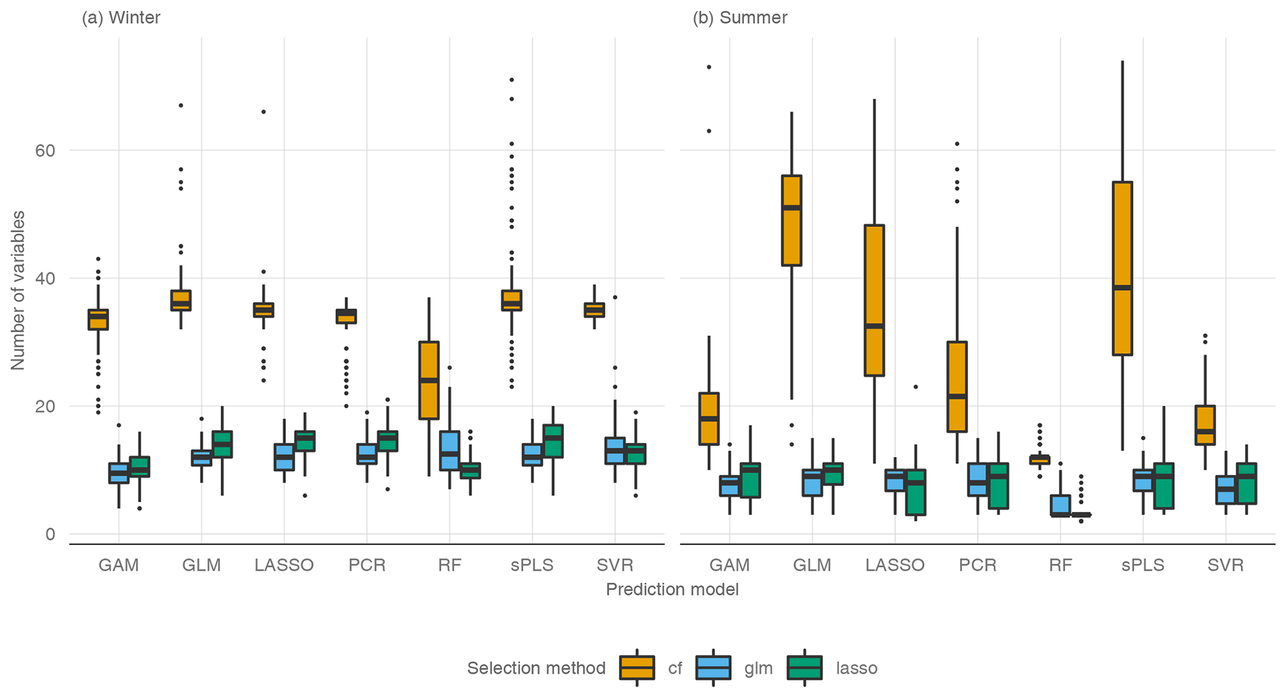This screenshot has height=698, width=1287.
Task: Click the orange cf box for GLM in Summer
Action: [791, 220]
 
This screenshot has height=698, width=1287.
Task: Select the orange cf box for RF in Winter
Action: [429, 380]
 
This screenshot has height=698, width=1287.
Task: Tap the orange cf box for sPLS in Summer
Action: [1122, 268]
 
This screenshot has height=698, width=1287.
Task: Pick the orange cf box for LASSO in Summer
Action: [874, 300]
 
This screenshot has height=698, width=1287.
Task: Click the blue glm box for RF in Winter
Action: [450, 450]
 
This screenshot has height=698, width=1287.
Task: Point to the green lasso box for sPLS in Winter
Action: [553, 441]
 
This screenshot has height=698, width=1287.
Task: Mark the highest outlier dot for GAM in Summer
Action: [709, 67]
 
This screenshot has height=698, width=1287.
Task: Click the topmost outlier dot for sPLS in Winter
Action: [512, 80]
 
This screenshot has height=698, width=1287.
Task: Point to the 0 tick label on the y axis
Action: [50, 534]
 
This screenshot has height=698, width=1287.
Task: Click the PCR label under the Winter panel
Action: [367, 565]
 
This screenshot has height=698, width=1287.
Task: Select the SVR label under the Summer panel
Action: [1225, 565]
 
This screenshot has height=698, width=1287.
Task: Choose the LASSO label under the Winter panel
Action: [284, 565]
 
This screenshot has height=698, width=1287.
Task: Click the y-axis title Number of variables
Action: [18, 290]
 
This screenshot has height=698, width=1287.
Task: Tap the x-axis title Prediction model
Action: [672, 590]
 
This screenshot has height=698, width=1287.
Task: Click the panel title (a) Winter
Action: [121, 17]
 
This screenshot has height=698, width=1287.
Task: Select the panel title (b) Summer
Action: [740, 17]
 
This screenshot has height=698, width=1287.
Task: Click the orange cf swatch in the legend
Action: [637, 668]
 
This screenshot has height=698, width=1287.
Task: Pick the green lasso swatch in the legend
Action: [804, 668]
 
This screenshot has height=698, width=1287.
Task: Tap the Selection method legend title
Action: [536, 669]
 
